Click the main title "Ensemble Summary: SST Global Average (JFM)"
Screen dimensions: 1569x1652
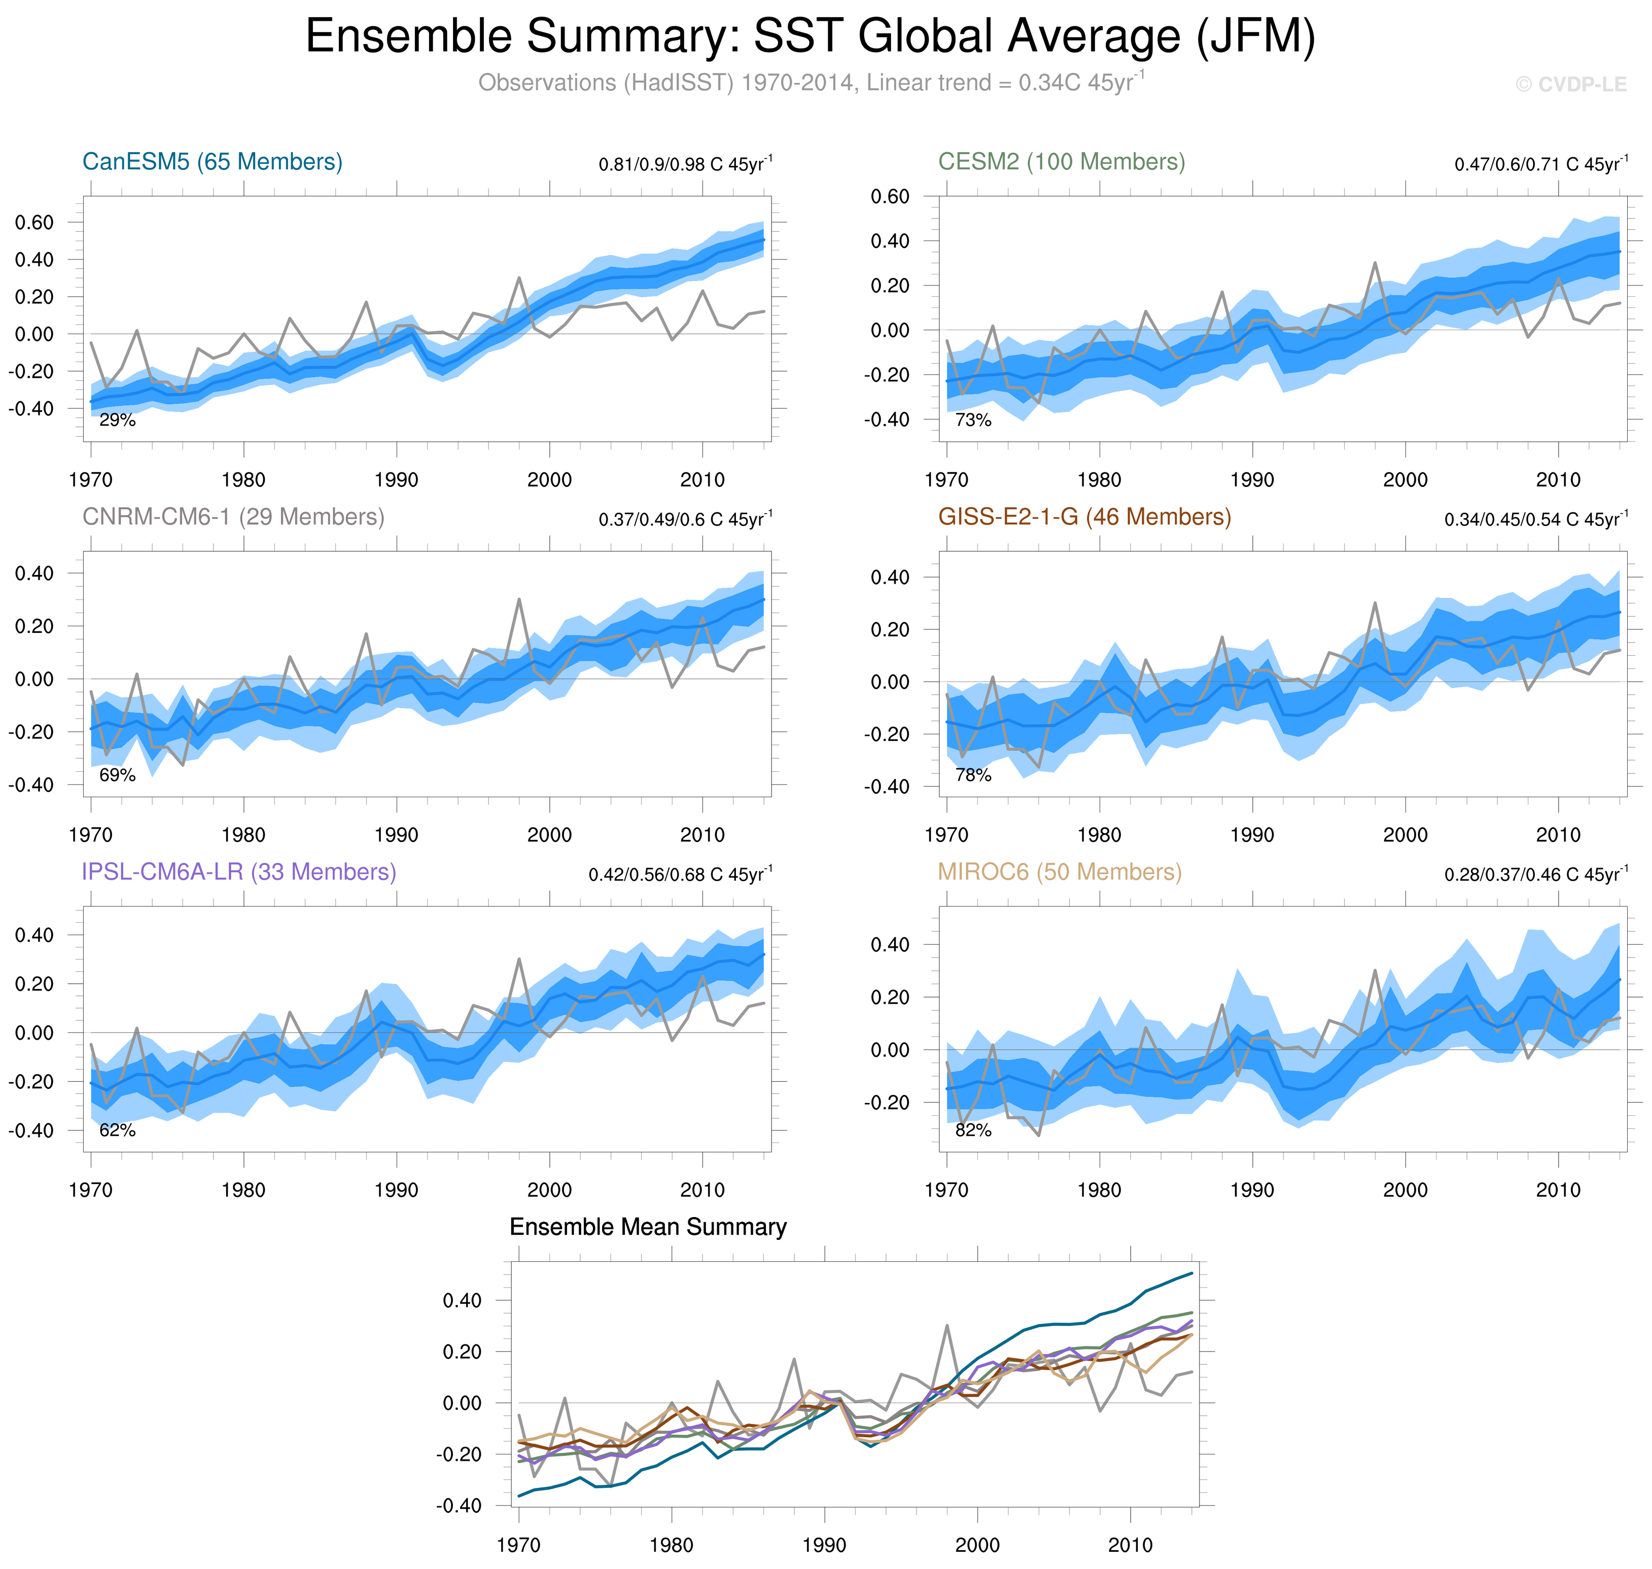(x=810, y=37)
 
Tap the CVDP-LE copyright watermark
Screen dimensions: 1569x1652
(x=1570, y=85)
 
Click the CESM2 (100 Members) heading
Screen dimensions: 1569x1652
(x=1061, y=161)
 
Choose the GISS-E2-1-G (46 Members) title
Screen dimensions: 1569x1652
(x=1084, y=517)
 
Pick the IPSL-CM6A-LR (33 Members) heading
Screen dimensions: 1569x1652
(x=238, y=872)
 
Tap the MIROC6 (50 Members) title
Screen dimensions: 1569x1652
(x=1059, y=872)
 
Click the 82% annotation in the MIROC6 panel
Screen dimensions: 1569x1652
(x=973, y=1131)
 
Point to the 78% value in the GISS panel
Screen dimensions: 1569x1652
(x=973, y=775)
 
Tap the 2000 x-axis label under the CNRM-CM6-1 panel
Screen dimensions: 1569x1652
(x=549, y=835)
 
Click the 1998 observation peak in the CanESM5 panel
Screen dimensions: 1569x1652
(x=518, y=278)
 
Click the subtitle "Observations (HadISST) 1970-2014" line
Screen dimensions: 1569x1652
(x=810, y=83)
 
